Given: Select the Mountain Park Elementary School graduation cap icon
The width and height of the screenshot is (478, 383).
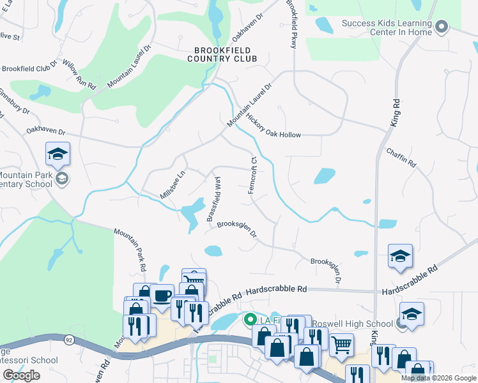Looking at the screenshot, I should pyautogui.click(x=58, y=154).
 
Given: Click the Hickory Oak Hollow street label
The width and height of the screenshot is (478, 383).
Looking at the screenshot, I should pyautogui.click(x=273, y=126).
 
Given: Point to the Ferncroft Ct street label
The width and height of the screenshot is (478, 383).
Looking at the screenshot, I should pyautogui.click(x=253, y=176).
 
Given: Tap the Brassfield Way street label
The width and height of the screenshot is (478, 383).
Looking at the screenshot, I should pyautogui.click(x=214, y=199).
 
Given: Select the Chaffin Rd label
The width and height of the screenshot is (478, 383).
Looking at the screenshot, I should pyautogui.click(x=401, y=158).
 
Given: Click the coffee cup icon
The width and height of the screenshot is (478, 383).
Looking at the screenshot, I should pyautogui.click(x=162, y=296).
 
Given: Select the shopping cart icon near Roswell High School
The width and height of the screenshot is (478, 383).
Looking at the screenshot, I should pyautogui.click(x=341, y=345).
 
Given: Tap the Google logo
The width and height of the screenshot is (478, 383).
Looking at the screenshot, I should pyautogui.click(x=21, y=375).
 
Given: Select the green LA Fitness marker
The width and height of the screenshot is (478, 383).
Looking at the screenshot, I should pyautogui.click(x=251, y=319).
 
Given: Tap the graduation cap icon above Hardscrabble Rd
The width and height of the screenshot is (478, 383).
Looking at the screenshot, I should pyautogui.click(x=401, y=256).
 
